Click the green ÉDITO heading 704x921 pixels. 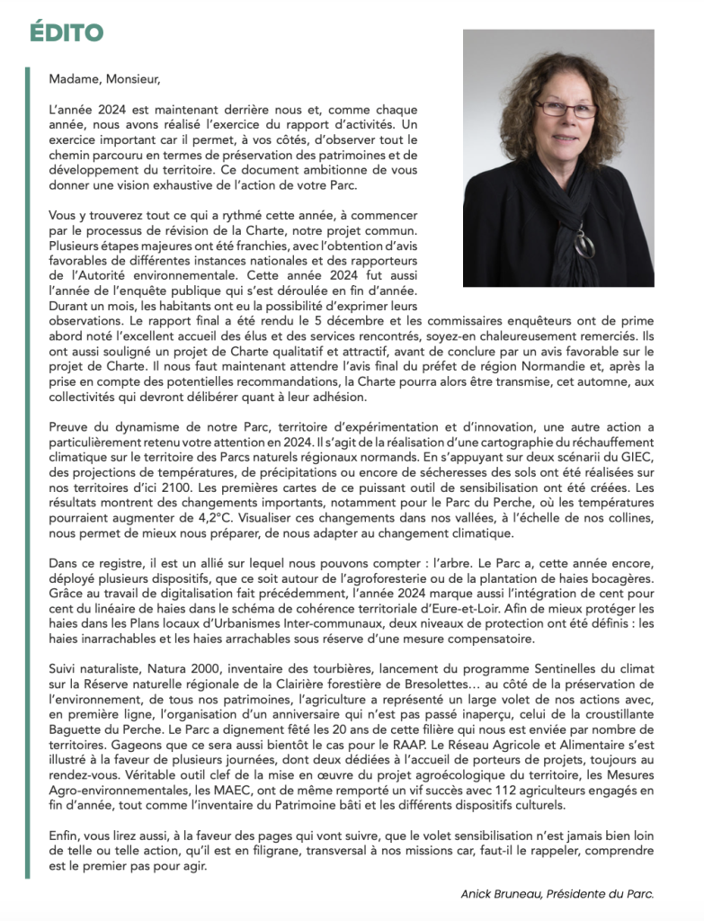click(x=66, y=32)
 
